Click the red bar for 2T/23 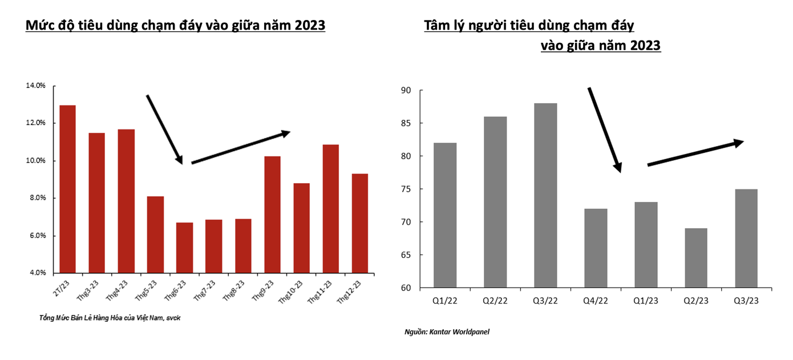[67, 189]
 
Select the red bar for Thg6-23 [184, 248]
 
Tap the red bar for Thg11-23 [330, 208]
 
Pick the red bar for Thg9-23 [272, 214]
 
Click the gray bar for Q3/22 [545, 195]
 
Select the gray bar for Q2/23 [695, 258]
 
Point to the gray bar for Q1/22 [445, 215]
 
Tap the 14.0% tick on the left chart [35, 86]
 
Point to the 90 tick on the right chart [406, 90]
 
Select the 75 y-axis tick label [406, 189]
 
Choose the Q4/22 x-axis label [596, 300]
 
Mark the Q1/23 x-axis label [645, 300]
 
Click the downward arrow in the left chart [164, 129]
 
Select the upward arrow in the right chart [695, 153]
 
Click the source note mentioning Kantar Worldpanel [447, 331]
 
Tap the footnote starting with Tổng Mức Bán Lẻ [106, 317]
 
